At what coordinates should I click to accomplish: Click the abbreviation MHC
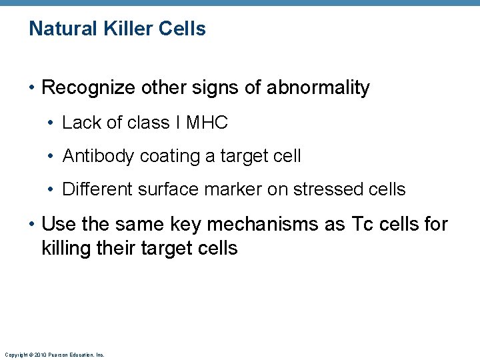coord(207,123)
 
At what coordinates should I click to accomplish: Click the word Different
coord(98,189)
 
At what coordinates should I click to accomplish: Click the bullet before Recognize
coord(32,88)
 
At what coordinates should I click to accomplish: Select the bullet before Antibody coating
coord(52,156)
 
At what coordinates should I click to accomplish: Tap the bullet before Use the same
coord(32,225)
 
